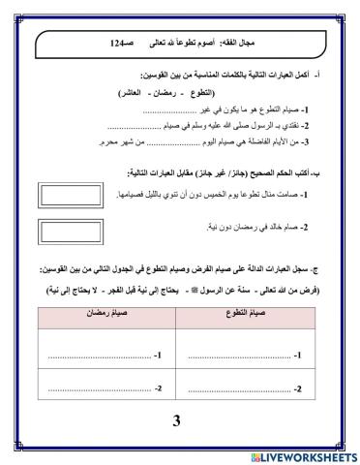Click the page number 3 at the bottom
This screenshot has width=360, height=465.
[176, 421]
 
